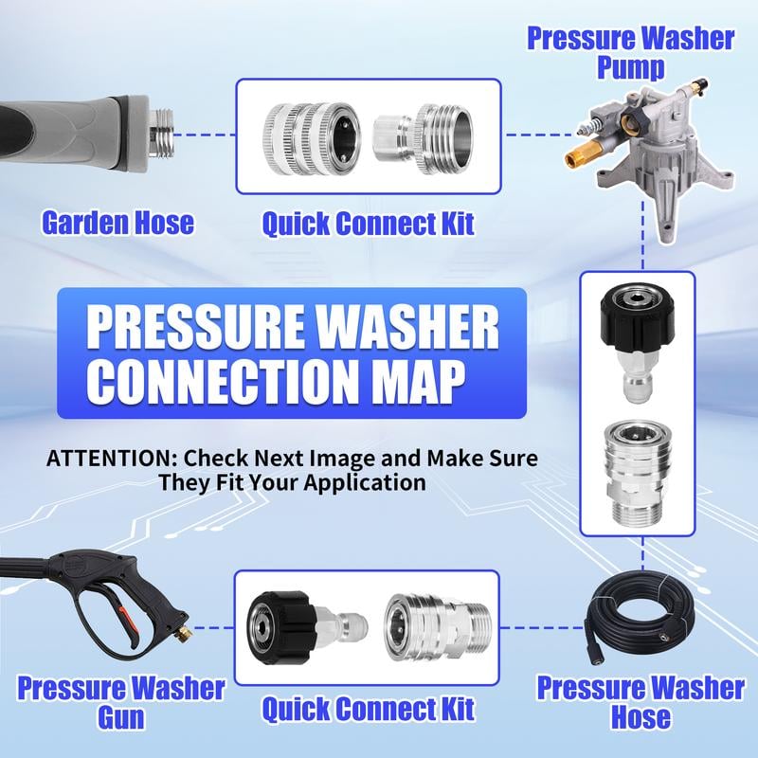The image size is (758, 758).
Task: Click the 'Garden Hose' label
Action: (117, 223)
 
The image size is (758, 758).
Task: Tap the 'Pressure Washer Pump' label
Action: (630, 53)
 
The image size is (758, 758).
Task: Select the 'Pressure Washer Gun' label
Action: (121, 701)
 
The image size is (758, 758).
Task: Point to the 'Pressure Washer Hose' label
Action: (641, 701)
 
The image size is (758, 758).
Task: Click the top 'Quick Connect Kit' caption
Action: (368, 224)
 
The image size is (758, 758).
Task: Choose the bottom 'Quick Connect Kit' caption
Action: (368, 708)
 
